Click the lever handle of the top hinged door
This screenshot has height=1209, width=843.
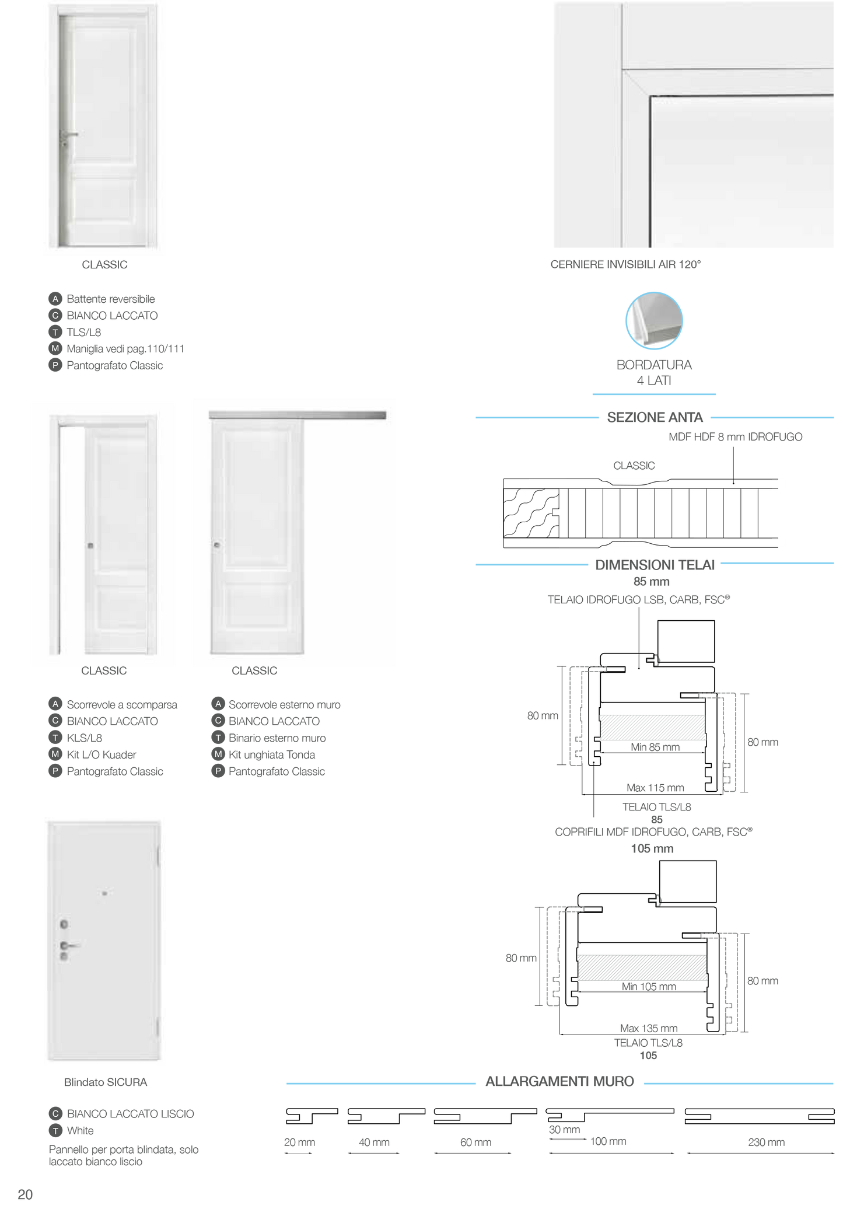point(71,135)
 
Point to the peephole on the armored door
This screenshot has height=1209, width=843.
point(104,892)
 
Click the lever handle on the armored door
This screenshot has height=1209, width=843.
point(71,945)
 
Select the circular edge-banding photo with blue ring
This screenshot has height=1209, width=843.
point(654,320)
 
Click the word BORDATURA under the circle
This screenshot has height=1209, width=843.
point(654,365)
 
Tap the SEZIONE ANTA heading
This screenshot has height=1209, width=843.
point(655,418)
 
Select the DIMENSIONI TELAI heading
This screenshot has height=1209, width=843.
point(655,565)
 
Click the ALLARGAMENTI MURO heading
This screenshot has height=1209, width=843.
point(559,1082)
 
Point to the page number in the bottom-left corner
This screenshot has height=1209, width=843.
point(25,1194)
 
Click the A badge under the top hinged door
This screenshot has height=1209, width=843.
point(55,299)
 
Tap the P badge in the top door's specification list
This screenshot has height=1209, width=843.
point(55,366)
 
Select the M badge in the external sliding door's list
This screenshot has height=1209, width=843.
point(218,754)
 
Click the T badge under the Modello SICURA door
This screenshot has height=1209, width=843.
point(55,1131)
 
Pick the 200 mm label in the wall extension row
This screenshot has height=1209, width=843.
point(767,1142)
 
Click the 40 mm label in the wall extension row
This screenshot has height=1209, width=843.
point(374,1142)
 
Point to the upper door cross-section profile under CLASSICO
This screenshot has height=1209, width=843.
point(645,484)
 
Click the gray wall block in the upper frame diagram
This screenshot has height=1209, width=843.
point(653,727)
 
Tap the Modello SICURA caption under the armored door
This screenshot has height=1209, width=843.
point(106,1082)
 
